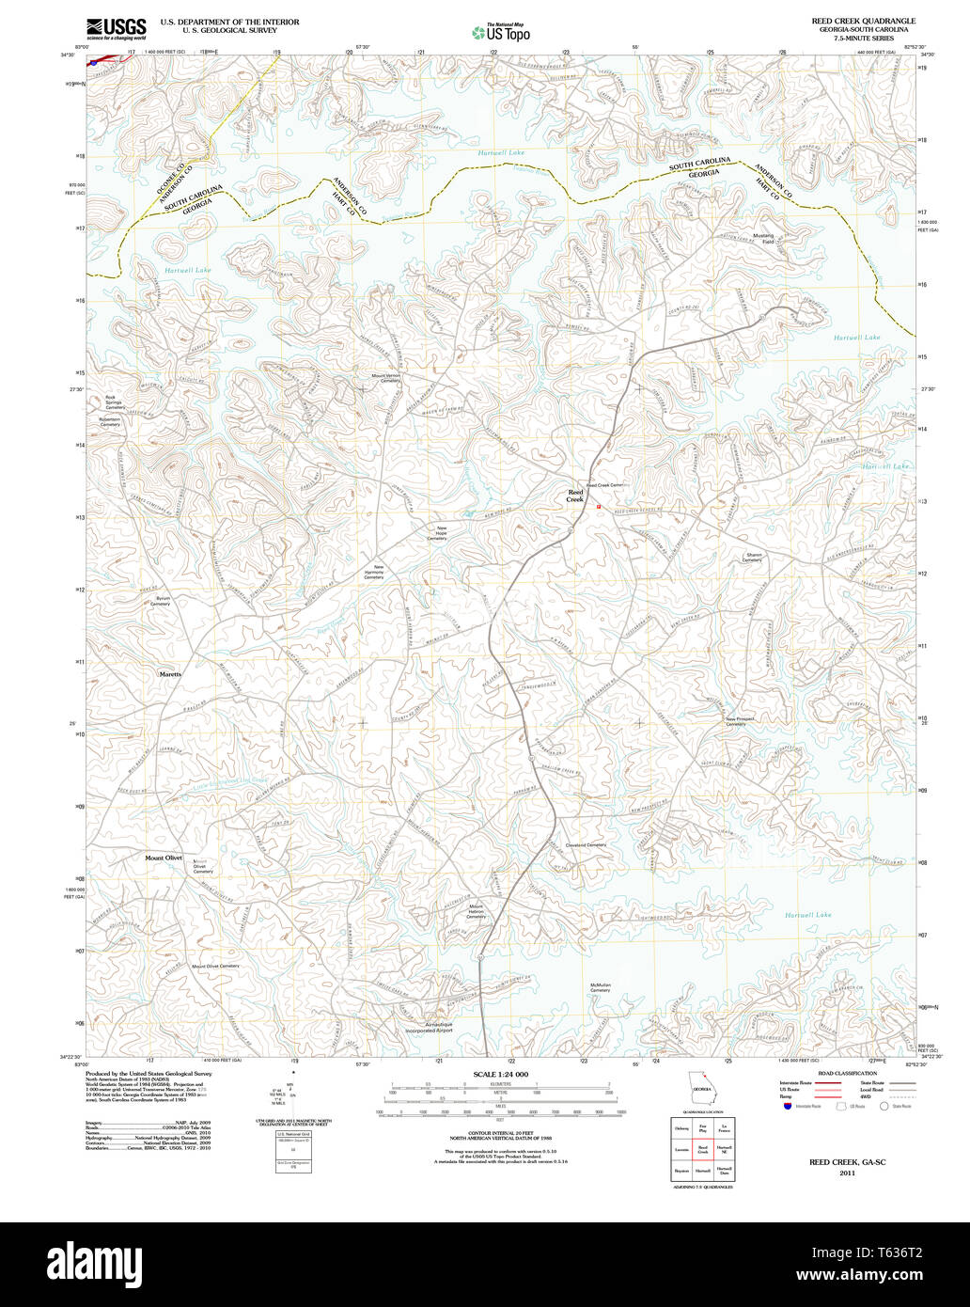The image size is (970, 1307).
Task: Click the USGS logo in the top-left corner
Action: pyautogui.click(x=117, y=29)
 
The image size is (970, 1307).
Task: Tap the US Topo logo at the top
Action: pyautogui.click(x=501, y=32)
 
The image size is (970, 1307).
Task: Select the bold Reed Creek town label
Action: pyautogui.click(x=575, y=496)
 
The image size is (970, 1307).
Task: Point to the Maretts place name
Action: pyautogui.click(x=170, y=674)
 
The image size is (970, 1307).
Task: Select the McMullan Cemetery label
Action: pyautogui.click(x=601, y=988)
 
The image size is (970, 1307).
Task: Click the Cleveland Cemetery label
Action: pyautogui.click(x=586, y=844)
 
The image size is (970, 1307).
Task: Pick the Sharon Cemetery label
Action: pyautogui.click(x=753, y=558)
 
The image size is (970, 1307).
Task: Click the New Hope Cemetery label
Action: pyautogui.click(x=437, y=533)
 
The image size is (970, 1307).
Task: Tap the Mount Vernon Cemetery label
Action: pyautogui.click(x=385, y=378)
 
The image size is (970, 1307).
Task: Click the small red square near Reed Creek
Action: pyautogui.click(x=598, y=506)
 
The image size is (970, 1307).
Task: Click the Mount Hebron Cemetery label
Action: pyautogui.click(x=477, y=911)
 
